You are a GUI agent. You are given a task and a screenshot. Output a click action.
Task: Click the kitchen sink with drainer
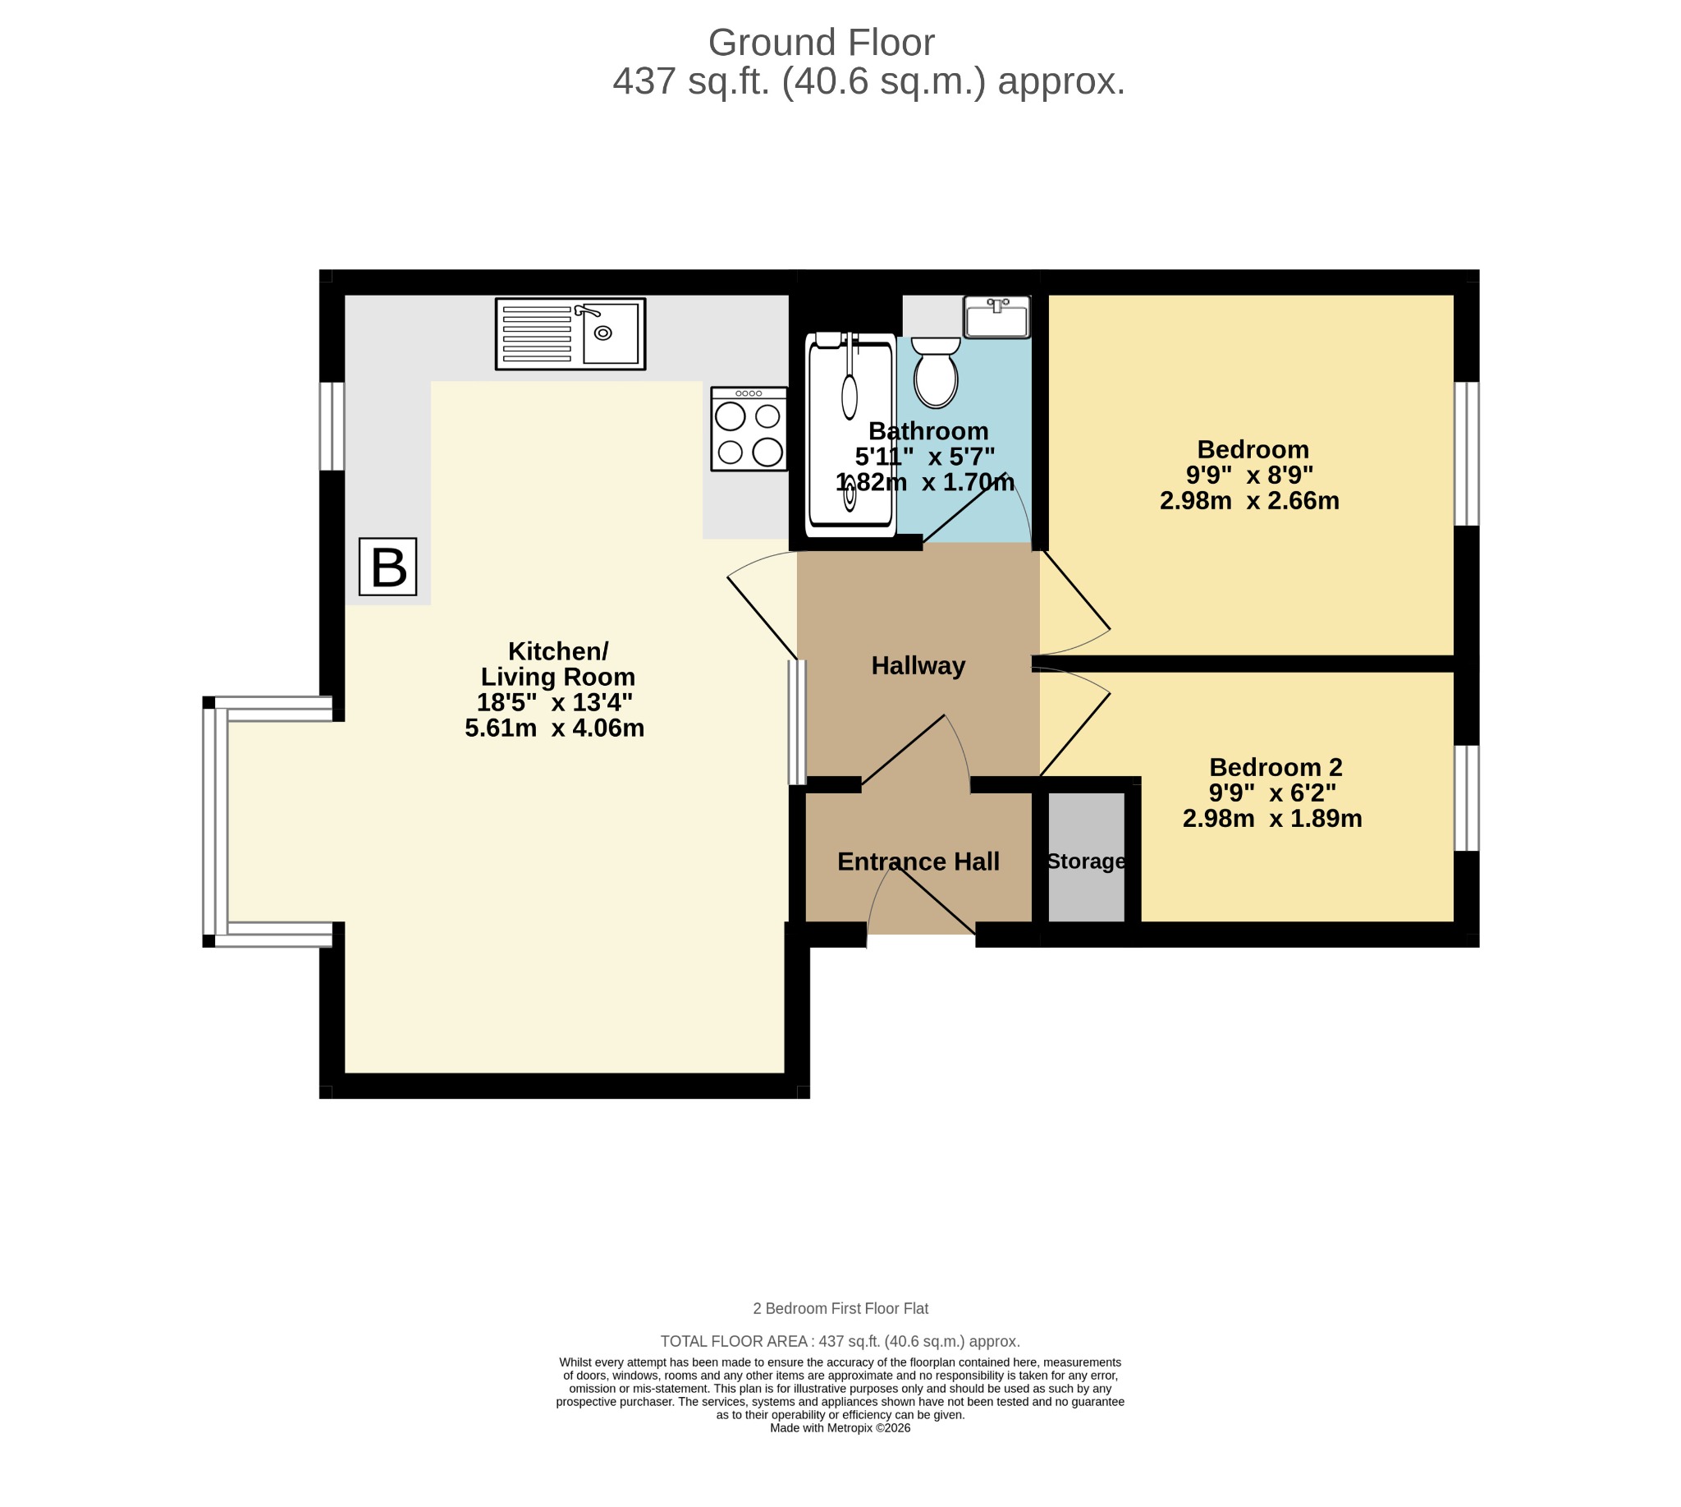click(x=570, y=333)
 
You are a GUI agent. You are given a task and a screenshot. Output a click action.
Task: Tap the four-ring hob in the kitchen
click(x=749, y=429)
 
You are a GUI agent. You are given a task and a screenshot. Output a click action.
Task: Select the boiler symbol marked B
click(x=387, y=567)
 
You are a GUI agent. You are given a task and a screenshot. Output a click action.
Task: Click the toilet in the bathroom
click(x=936, y=372)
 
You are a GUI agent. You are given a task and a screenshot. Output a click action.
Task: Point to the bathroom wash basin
click(x=997, y=317)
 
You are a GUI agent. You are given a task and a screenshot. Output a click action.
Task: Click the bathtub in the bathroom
click(x=851, y=434)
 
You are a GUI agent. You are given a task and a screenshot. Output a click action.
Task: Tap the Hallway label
click(x=918, y=666)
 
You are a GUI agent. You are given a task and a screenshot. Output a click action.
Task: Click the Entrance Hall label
click(x=918, y=861)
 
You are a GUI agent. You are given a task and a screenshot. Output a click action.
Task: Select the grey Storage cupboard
click(x=1086, y=857)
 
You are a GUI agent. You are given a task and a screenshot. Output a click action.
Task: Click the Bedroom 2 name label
click(x=1276, y=767)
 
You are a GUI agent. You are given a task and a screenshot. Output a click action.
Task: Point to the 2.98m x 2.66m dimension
click(x=1249, y=500)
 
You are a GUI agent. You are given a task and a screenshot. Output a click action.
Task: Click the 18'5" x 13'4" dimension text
click(x=555, y=702)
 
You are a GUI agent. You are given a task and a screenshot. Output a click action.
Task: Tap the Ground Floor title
click(x=821, y=42)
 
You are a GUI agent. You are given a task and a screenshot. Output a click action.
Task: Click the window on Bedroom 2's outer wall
click(x=1466, y=798)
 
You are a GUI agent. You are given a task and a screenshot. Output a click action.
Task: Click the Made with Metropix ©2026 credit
click(x=840, y=1427)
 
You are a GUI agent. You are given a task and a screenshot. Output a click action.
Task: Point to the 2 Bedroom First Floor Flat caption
click(x=840, y=1308)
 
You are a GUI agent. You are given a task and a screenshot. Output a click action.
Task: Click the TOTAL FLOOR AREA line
click(x=840, y=1341)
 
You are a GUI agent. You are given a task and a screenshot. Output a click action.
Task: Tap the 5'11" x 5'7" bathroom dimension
click(x=924, y=457)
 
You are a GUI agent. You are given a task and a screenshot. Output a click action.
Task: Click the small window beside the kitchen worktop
click(x=332, y=425)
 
